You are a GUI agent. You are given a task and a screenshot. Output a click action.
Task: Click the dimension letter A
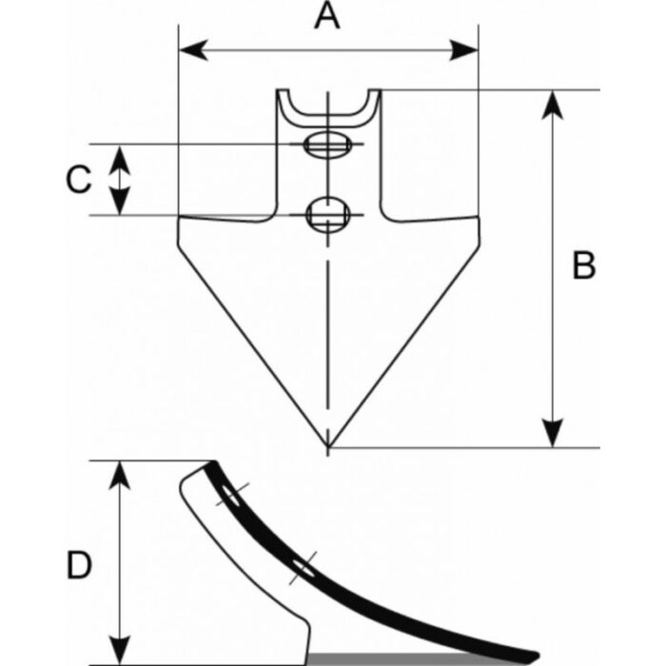326,16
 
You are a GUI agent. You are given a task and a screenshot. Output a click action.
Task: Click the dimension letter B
583,265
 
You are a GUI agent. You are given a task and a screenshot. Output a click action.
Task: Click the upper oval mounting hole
324,145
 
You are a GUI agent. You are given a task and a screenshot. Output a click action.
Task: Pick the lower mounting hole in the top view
326,212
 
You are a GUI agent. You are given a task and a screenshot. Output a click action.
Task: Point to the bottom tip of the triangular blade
327,446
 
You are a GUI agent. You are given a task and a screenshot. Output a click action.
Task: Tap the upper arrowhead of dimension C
120,155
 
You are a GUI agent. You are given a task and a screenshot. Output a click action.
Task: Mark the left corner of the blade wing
179,219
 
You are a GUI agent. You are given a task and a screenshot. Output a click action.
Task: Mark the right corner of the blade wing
478,219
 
